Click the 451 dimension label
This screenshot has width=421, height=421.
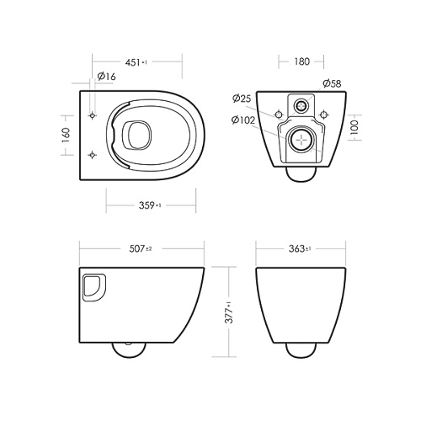click(x=136, y=62)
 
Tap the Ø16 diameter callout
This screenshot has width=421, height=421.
click(x=106, y=76)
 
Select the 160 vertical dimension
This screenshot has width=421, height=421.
click(x=66, y=136)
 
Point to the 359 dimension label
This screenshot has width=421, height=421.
click(x=150, y=205)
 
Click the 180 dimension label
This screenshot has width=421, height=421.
click(x=301, y=61)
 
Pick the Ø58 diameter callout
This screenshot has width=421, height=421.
click(x=332, y=83)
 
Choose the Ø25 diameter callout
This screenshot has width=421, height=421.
click(x=242, y=99)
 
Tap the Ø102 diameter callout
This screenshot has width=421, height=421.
click(x=243, y=120)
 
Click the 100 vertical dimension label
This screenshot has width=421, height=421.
click(x=354, y=127)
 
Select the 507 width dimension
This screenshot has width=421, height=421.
click(x=141, y=248)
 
